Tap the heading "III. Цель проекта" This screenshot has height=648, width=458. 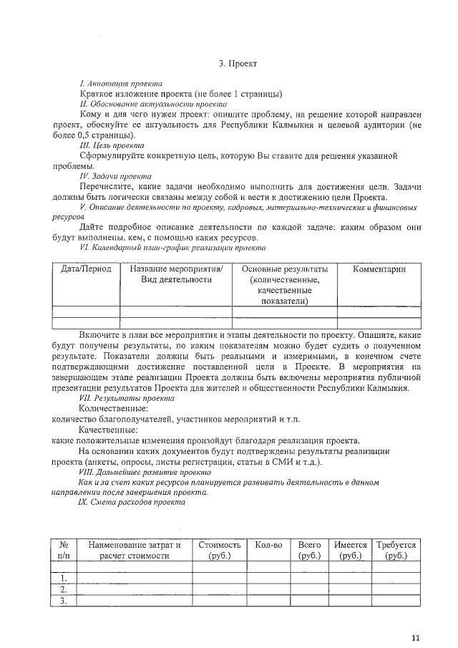pyautogui.click(x=112, y=145)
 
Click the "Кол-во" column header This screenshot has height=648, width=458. pyautogui.click(x=268, y=545)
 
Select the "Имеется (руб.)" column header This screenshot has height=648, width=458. pyautogui.click(x=351, y=550)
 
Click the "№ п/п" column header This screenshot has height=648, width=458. pyautogui.click(x=63, y=550)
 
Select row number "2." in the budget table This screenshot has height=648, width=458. pyautogui.click(x=64, y=589)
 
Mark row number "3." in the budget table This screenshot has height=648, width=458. pyautogui.click(x=64, y=601)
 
